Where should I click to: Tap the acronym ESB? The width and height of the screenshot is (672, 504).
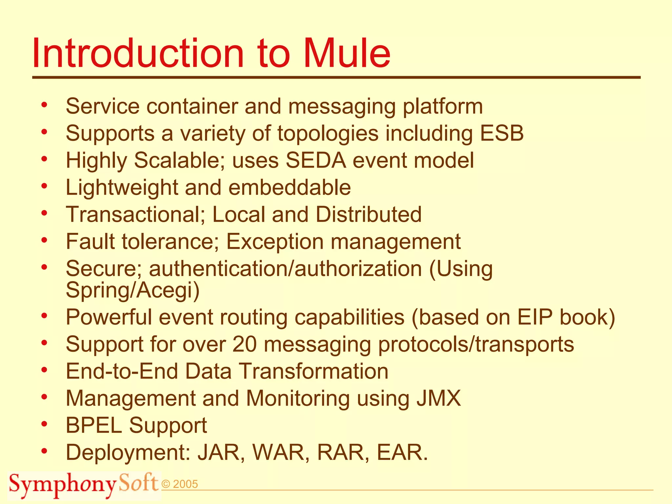(x=502, y=134)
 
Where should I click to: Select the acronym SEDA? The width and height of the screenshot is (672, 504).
(x=316, y=160)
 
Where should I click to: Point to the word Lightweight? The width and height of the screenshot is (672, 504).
(x=121, y=188)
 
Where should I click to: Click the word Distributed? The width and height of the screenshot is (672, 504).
(x=368, y=215)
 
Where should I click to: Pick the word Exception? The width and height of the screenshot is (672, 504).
(x=275, y=242)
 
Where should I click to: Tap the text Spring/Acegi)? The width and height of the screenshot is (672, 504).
(x=133, y=290)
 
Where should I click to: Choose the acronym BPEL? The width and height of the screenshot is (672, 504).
(x=94, y=426)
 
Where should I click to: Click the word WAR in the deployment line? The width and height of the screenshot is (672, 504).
(x=281, y=452)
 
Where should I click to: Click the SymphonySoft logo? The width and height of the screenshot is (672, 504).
(x=84, y=485)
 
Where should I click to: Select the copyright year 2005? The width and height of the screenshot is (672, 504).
(x=185, y=484)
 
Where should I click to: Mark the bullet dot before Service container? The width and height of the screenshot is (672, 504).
(x=44, y=105)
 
